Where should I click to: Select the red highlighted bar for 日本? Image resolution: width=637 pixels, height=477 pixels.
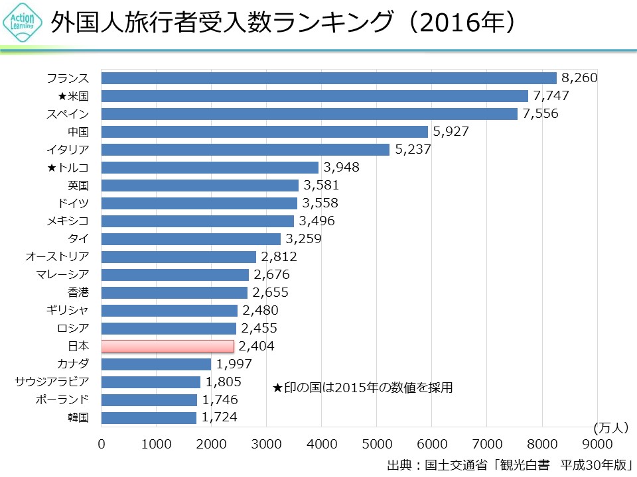167,346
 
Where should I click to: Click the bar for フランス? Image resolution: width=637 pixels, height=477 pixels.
328,78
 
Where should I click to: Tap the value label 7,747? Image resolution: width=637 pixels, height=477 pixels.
551,96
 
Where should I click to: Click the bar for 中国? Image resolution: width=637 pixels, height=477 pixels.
264,132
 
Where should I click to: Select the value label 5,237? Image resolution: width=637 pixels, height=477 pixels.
413,150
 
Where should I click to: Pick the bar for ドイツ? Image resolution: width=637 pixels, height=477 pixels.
199,203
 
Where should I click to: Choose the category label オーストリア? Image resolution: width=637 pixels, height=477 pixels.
57,257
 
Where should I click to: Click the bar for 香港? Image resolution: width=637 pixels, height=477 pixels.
174,293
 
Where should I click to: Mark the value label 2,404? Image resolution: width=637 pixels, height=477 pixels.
256,346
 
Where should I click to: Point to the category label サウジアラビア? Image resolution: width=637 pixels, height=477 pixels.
52,382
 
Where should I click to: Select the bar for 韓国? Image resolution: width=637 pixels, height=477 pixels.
149,417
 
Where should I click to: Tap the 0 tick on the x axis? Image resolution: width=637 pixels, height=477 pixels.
102,444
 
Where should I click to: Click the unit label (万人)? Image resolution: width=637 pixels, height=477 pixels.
610,427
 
